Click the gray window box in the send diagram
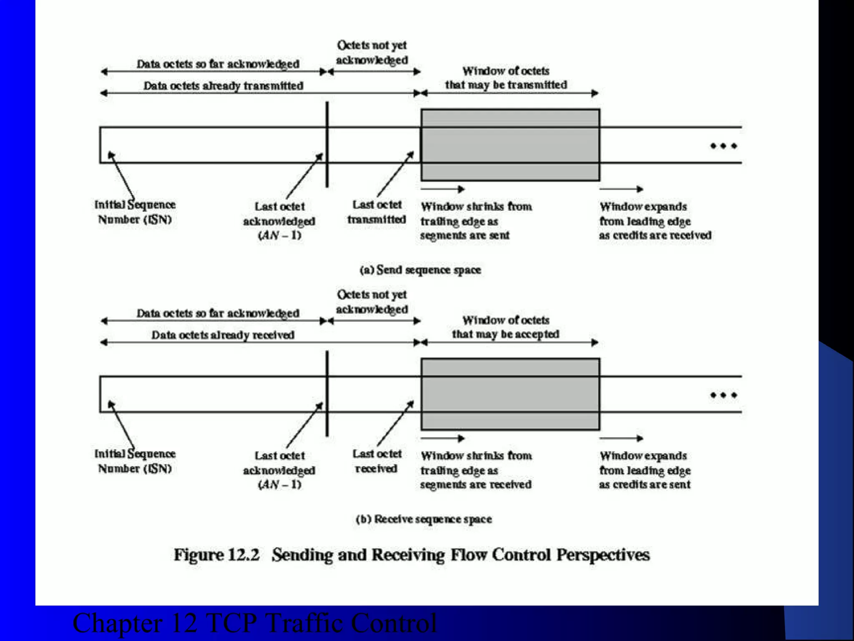tap(510, 145)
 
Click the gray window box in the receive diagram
tap(510, 394)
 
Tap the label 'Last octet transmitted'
tap(377, 212)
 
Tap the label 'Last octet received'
tap(377, 461)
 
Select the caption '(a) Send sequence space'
tap(420, 270)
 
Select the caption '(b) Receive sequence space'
tap(424, 519)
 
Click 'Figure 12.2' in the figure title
tap(216, 555)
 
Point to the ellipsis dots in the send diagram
tap(723, 146)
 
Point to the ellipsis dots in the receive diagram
tap(723, 395)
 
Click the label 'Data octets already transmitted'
tap(223, 86)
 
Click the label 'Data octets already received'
tap(223, 335)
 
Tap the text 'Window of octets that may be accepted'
tap(505, 327)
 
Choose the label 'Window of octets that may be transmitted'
tap(505, 78)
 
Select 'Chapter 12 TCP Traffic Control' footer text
tap(254, 623)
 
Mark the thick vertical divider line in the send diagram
tap(327, 144)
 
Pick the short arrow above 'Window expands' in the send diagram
tap(621, 189)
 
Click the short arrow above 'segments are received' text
tap(443, 438)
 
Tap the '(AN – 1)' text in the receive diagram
tap(279, 485)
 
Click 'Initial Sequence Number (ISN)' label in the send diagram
tap(135, 212)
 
